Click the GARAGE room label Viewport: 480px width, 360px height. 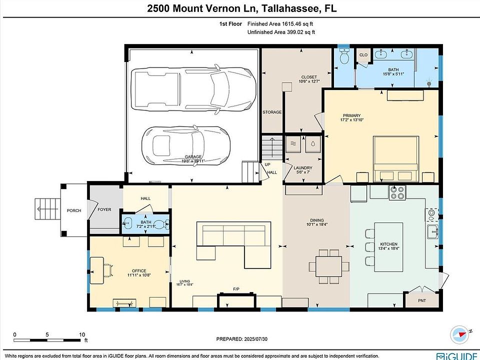[x=193, y=156]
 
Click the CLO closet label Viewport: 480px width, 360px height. [x=363, y=55]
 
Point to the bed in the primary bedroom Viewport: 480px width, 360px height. [x=396, y=159]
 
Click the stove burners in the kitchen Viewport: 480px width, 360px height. [x=397, y=192]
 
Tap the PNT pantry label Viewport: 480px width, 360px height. [x=422, y=300]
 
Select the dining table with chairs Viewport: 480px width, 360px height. [x=329, y=266]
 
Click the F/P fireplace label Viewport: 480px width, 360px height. [x=236, y=289]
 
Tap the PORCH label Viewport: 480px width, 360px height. [x=74, y=210]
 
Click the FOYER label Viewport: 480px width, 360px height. [x=104, y=209]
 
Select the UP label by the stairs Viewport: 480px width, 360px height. [x=267, y=164]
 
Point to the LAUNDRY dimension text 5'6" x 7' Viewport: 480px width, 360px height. [x=303, y=172]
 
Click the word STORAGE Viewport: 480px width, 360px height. [x=272, y=112]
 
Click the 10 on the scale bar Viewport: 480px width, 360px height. [x=82, y=334]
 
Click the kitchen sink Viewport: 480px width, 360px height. [x=432, y=231]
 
